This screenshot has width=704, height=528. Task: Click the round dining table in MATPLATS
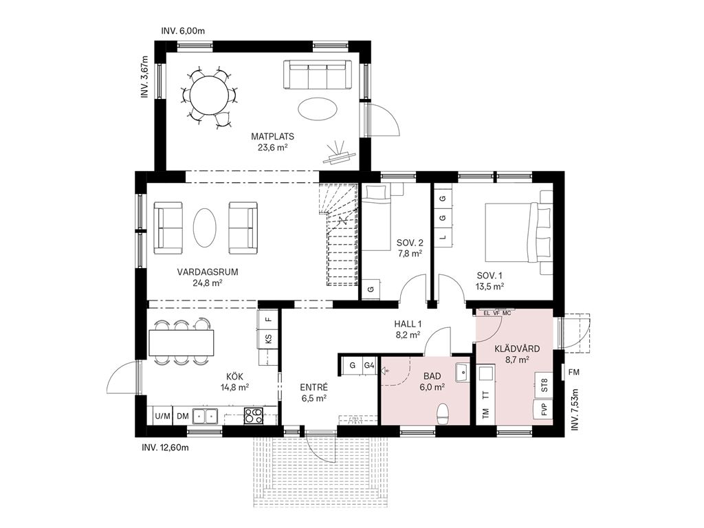[x=208, y=95]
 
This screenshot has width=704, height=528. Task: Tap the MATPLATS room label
[x=272, y=136]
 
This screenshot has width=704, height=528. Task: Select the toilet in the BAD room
[x=443, y=413]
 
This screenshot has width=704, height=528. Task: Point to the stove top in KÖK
[x=253, y=416]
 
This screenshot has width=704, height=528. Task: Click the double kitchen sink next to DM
[x=205, y=416]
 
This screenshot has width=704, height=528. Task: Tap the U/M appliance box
[x=162, y=416]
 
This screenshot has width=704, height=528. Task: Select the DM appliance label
[x=182, y=416]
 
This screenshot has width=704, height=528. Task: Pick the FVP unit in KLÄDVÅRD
[x=544, y=410]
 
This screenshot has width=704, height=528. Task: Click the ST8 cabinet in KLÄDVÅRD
[x=544, y=386]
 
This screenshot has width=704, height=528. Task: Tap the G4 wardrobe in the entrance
[x=369, y=366]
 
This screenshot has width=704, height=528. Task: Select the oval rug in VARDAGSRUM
[x=205, y=225]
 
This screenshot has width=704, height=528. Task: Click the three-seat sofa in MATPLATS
[x=318, y=74]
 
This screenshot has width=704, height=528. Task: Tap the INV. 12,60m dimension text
[x=165, y=448]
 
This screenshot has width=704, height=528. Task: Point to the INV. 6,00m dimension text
[x=183, y=31]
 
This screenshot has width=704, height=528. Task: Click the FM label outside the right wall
[x=573, y=372]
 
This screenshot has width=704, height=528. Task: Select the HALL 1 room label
[x=408, y=324]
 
